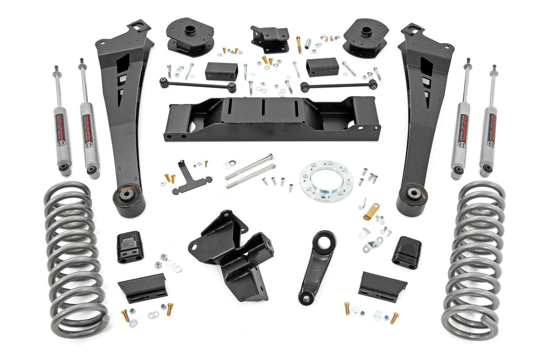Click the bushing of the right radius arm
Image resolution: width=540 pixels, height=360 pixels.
(413, 194)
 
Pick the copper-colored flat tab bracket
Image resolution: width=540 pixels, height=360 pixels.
(372, 211)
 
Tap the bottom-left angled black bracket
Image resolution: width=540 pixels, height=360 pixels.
(142, 285)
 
